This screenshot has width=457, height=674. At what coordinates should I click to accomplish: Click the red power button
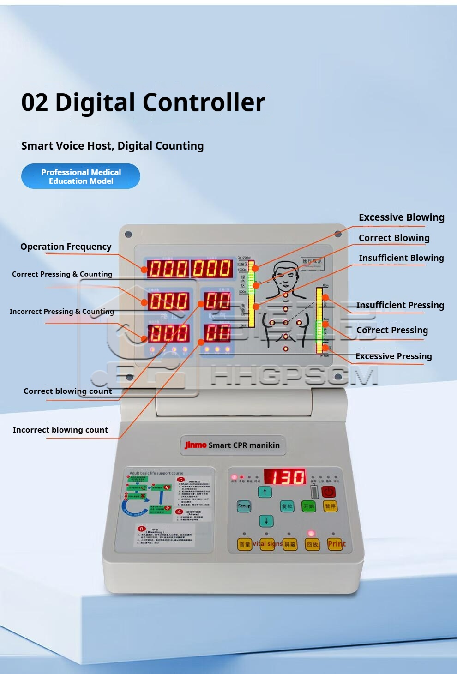(328, 492)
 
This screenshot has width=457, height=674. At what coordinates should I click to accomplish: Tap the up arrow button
(265, 492)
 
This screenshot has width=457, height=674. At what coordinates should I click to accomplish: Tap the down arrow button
(266, 521)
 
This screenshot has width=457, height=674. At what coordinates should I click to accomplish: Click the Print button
(336, 544)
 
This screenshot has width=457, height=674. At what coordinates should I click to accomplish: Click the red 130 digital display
(285, 477)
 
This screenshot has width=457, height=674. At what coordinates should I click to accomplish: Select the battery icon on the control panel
(314, 491)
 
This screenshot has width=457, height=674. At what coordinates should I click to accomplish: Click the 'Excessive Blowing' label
(401, 217)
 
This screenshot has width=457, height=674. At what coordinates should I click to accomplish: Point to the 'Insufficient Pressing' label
(400, 305)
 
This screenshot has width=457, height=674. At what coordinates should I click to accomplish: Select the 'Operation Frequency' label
(66, 247)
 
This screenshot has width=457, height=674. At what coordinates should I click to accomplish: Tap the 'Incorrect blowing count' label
(60, 430)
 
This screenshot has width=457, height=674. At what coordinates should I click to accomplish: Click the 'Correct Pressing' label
(392, 330)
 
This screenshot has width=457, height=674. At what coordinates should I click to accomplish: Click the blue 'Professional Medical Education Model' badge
(81, 176)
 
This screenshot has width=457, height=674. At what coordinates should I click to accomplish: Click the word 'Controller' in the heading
(206, 102)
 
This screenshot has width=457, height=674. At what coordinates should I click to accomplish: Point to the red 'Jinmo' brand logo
(195, 445)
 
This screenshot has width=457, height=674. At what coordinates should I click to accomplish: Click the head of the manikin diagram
(285, 274)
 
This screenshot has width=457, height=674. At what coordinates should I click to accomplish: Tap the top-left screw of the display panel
(128, 235)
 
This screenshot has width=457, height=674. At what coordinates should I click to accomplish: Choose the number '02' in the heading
(35, 102)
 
